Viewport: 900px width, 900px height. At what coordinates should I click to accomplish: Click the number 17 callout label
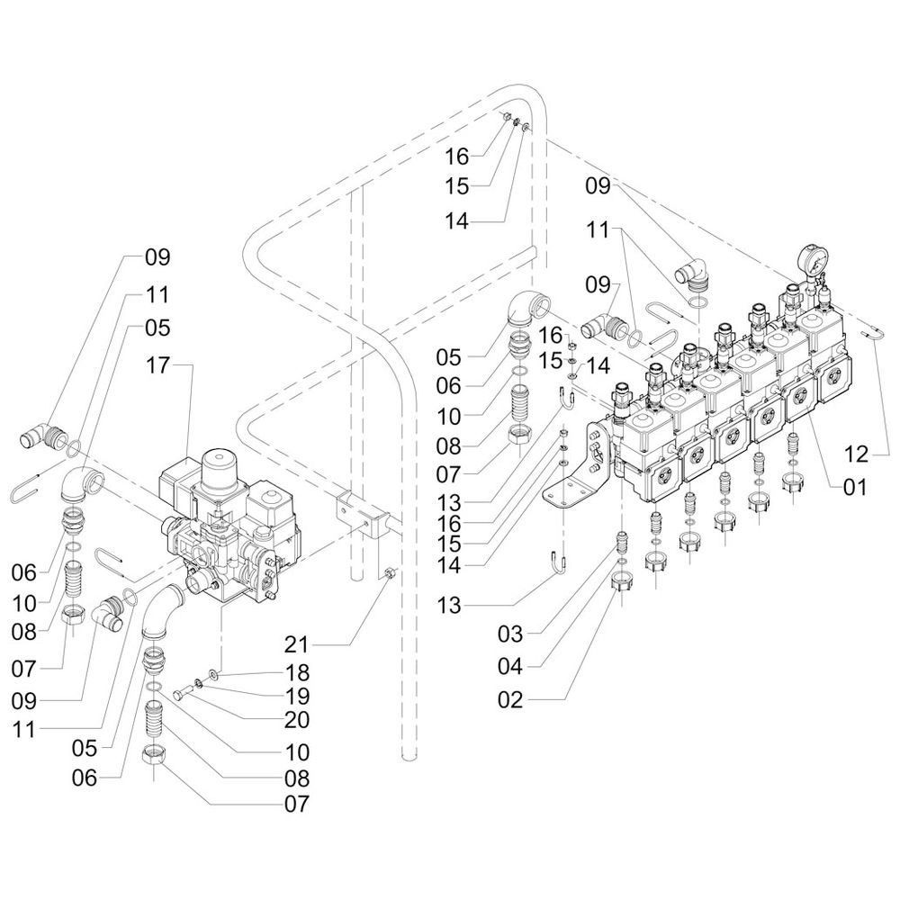click(158, 365)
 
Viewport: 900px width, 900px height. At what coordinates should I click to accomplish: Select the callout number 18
click(297, 672)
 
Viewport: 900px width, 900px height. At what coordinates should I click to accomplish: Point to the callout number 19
click(297, 696)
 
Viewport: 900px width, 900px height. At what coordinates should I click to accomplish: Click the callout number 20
click(297, 720)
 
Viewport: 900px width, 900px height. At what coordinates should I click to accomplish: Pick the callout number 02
click(511, 700)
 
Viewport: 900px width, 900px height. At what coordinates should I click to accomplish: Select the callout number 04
click(511, 666)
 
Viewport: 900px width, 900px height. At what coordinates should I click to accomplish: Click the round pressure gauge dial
click(813, 260)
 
